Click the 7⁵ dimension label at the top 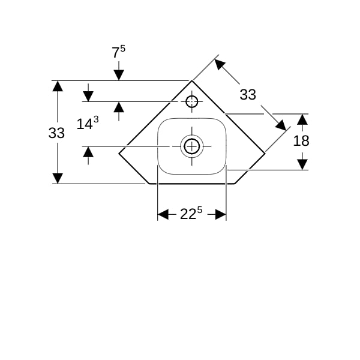(x=118, y=52)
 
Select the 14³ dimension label (x=88, y=123)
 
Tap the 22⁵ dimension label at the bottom (x=191, y=214)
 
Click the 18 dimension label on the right (x=301, y=141)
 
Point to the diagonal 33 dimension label (x=248, y=94)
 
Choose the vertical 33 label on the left (x=56, y=133)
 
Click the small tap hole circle (x=192, y=101)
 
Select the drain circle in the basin (x=192, y=146)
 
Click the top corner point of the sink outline (x=192, y=80)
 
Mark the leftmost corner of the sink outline (x=119, y=153)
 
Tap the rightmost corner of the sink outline (x=265, y=153)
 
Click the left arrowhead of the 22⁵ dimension (x=163, y=214)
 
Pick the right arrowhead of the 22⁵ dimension (x=221, y=214)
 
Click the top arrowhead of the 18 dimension (x=302, y=119)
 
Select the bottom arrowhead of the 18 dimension (x=302, y=164)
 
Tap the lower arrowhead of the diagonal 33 (x=281, y=125)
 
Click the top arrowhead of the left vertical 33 (x=58, y=86)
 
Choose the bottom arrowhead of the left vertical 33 (x=58, y=178)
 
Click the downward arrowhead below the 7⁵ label (x=119, y=75)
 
